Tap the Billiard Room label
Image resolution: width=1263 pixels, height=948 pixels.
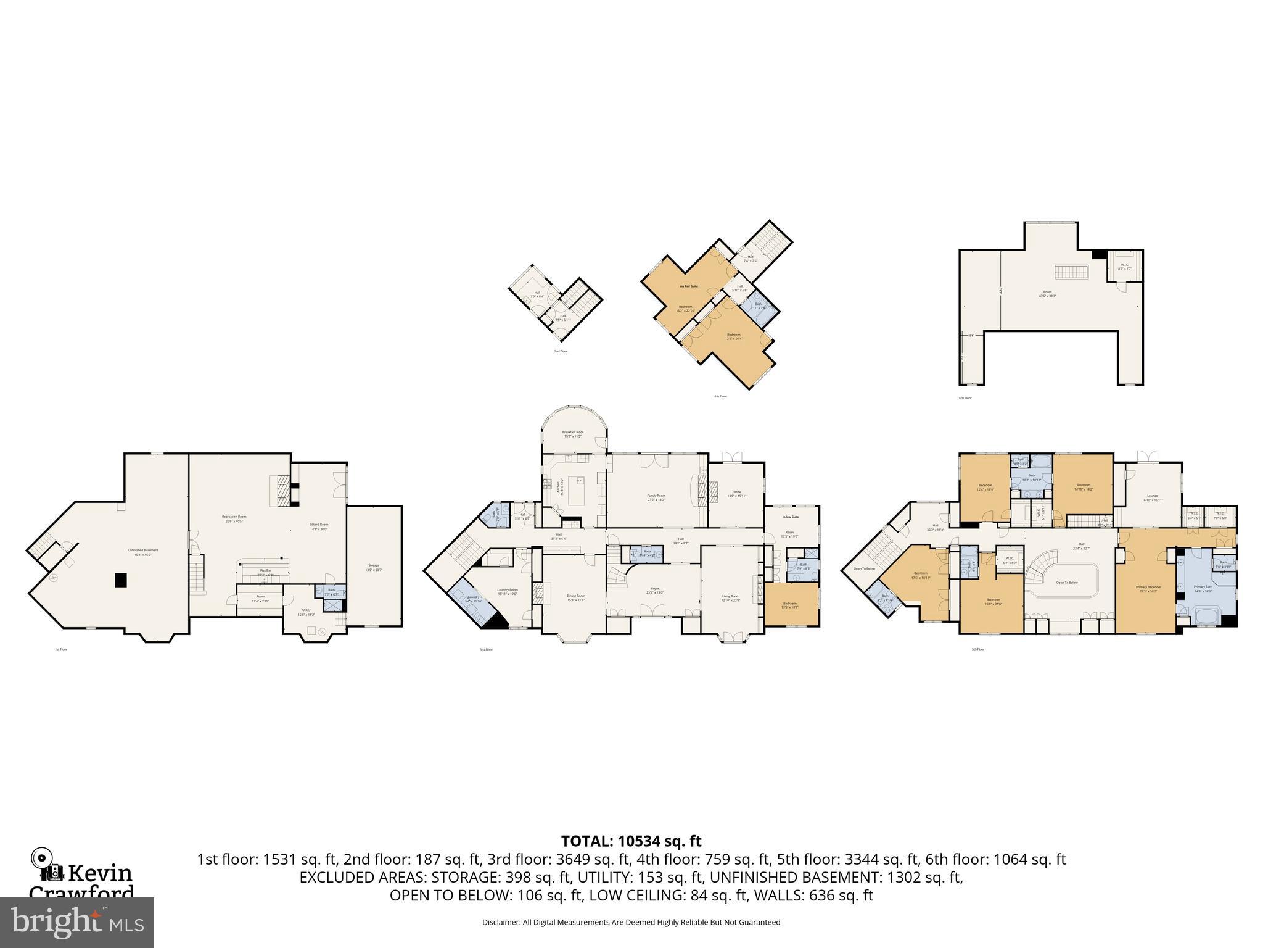[318, 525]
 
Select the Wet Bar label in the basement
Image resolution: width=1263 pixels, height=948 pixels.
[265, 570]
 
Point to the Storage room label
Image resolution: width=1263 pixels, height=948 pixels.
[374, 565]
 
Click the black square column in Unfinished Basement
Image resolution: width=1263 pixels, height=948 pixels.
[121, 580]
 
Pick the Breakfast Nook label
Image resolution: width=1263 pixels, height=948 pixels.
[572, 433]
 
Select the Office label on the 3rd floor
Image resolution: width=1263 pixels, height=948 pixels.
[736, 492]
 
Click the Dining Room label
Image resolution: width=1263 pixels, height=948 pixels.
[575, 596]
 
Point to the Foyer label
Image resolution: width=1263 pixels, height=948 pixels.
[654, 589]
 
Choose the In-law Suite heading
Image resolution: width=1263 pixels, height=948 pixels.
[791, 517]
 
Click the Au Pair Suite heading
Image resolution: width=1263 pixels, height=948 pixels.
[689, 286]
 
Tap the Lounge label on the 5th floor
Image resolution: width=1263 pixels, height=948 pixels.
[1152, 496]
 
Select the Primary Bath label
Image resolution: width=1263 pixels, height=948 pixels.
[1203, 586]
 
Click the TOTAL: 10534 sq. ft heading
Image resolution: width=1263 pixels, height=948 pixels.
[631, 841]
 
